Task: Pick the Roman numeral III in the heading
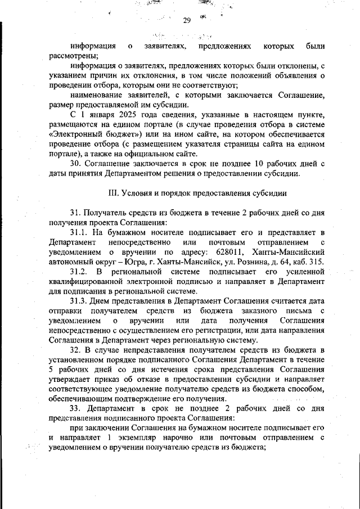point(112,193)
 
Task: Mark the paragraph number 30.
point(77,164)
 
